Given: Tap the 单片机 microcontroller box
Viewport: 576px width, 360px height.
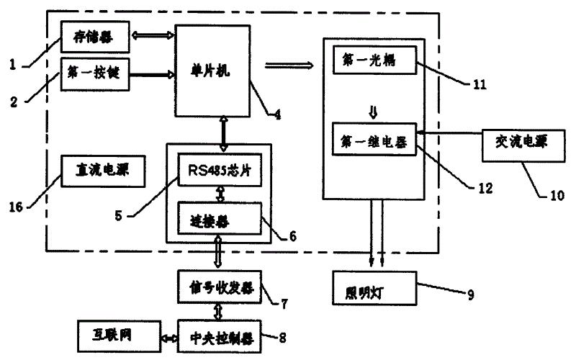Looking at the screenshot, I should point(212,68).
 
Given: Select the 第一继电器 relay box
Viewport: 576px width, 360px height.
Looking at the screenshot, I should point(374,142).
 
